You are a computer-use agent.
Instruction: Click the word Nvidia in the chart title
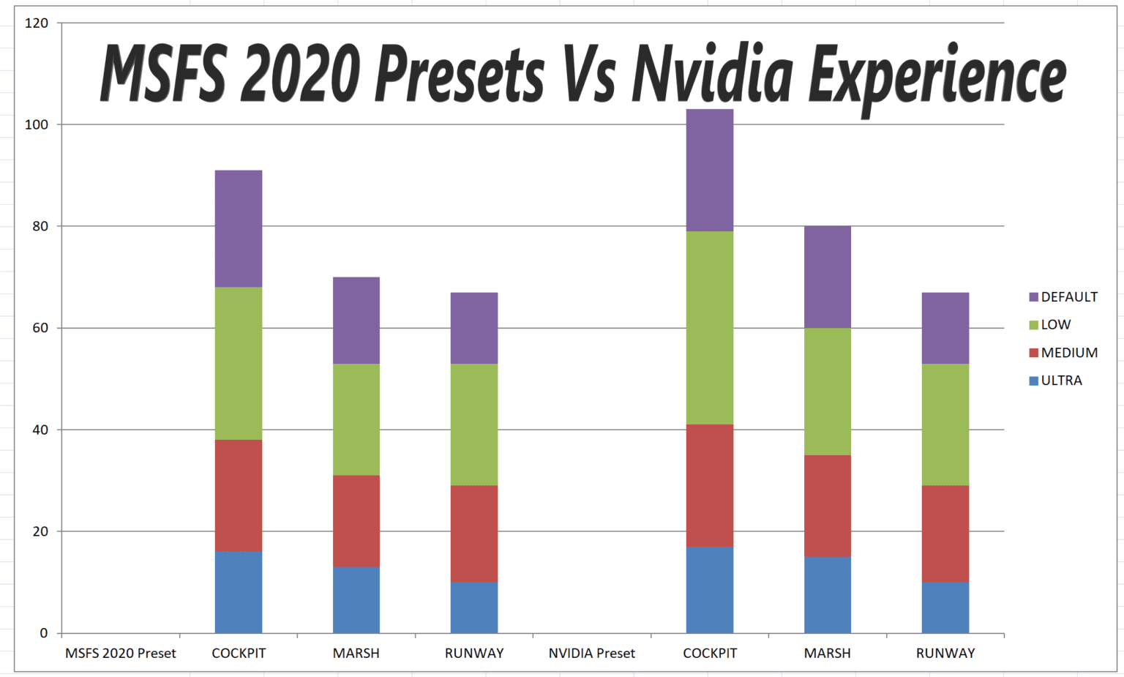(712, 73)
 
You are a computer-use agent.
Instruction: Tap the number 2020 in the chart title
(300, 73)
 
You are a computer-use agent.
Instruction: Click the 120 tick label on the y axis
(37, 23)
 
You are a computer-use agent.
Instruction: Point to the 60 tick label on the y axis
(40, 328)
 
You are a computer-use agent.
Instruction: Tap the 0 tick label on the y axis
(44, 633)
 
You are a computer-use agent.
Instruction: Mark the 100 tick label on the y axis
(37, 124)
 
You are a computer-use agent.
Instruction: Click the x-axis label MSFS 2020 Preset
(121, 653)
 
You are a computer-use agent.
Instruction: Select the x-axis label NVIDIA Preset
(592, 653)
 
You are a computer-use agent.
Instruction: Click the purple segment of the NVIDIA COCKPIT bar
(710, 171)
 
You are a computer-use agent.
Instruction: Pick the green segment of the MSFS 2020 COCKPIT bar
(239, 363)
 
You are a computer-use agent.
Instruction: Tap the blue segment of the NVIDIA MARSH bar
(828, 595)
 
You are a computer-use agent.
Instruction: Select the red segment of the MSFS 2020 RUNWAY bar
(474, 534)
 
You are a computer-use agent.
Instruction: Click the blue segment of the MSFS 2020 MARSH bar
(356, 600)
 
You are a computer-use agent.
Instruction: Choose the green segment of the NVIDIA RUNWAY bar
(945, 424)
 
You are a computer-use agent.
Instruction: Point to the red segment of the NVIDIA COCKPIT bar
(710, 485)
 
